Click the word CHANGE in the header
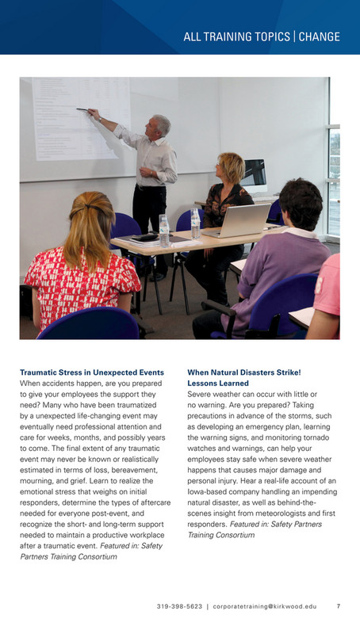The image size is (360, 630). [320, 37]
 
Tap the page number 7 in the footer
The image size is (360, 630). [339, 606]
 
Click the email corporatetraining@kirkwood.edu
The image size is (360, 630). [266, 606]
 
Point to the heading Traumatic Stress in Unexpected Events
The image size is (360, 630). [91, 372]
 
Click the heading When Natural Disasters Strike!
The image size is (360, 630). [243, 372]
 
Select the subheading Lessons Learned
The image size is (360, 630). [217, 383]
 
